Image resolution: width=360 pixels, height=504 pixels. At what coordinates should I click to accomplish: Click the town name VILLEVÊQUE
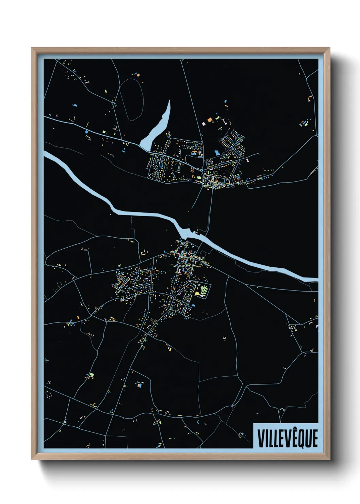tap(288, 438)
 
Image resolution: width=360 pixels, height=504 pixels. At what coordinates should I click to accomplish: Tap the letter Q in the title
tap(300, 439)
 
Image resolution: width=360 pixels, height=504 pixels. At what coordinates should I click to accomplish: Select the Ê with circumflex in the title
tap(292, 438)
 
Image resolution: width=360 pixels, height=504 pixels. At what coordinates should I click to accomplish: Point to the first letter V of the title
tap(261, 439)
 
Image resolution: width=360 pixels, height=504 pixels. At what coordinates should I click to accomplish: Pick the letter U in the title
tap(308, 439)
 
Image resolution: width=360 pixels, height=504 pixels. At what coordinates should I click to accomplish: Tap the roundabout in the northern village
tap(202, 170)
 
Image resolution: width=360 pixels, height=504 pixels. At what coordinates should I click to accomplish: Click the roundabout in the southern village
tap(174, 298)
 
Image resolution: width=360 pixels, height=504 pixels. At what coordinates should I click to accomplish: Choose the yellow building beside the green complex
tap(197, 293)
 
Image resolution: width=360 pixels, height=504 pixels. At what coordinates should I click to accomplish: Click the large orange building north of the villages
tap(210, 120)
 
